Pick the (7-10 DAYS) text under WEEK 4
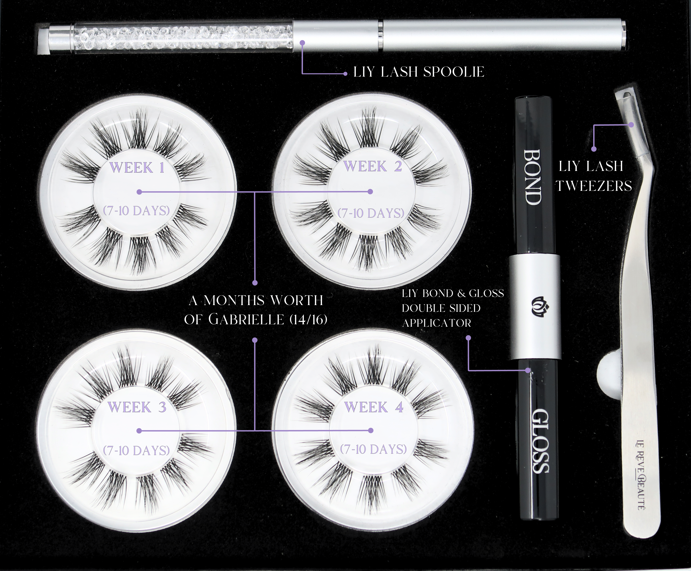[373, 449]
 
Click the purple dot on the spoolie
[303, 42]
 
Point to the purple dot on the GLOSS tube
[528, 370]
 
